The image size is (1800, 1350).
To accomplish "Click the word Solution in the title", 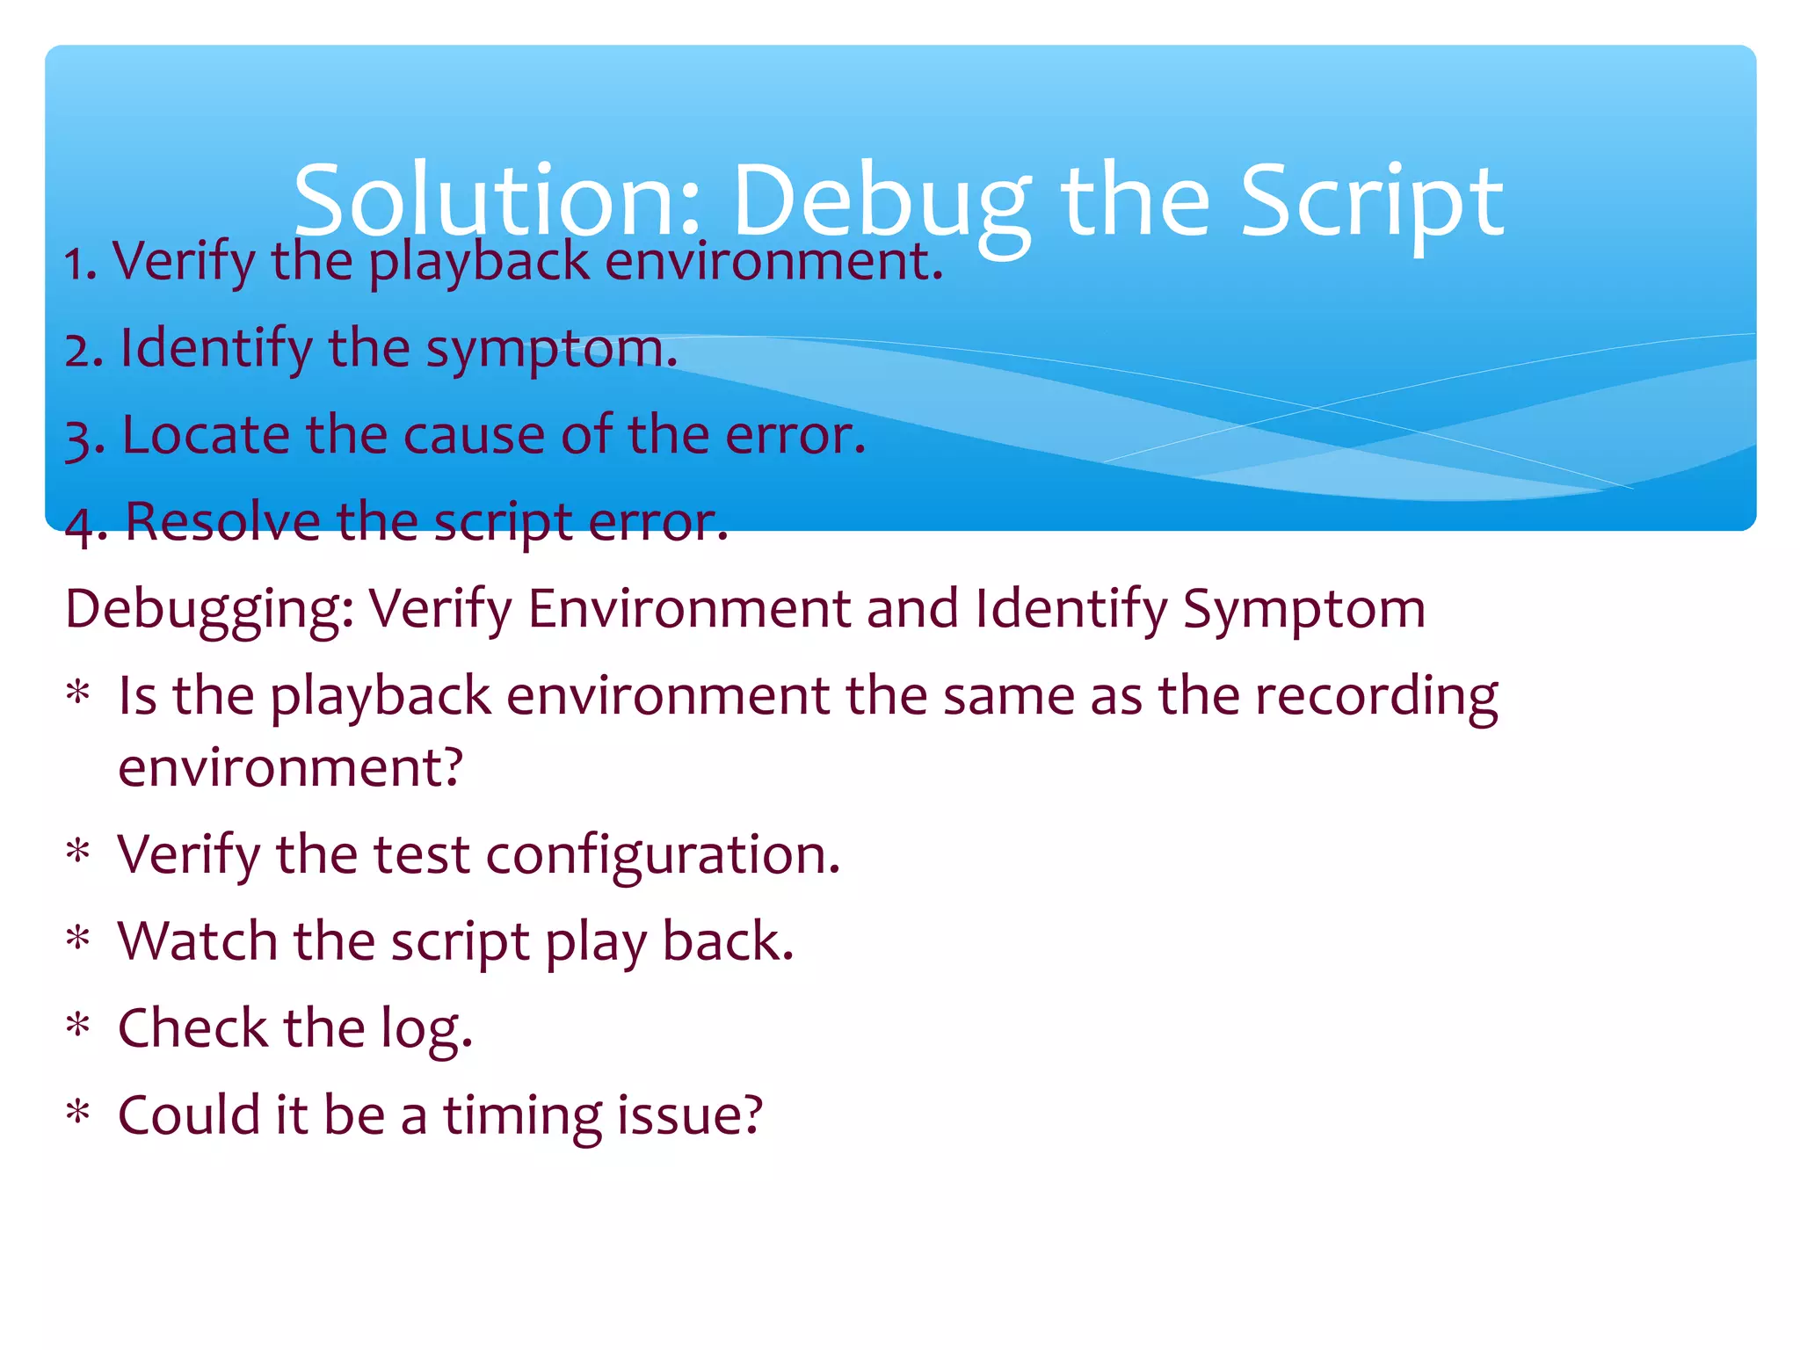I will pyautogui.click(x=497, y=201).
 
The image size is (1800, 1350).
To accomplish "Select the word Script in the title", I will pyautogui.click(x=1371, y=201).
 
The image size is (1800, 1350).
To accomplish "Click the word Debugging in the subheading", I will pyautogui.click(x=207, y=609).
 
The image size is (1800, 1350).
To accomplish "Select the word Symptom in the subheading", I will pyautogui.click(x=1303, y=609).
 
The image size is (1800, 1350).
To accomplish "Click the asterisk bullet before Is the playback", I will pyautogui.click(x=78, y=693).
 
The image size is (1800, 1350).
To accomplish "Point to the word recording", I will pyautogui.click(x=1375, y=696).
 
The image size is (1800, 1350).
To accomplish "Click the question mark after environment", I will pyautogui.click(x=452, y=767).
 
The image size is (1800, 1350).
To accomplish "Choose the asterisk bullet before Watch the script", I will pyautogui.click(x=78, y=939).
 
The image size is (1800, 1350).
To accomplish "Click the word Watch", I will pyautogui.click(x=198, y=940).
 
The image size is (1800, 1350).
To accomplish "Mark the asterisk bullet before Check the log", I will pyautogui.click(x=78, y=1026).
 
